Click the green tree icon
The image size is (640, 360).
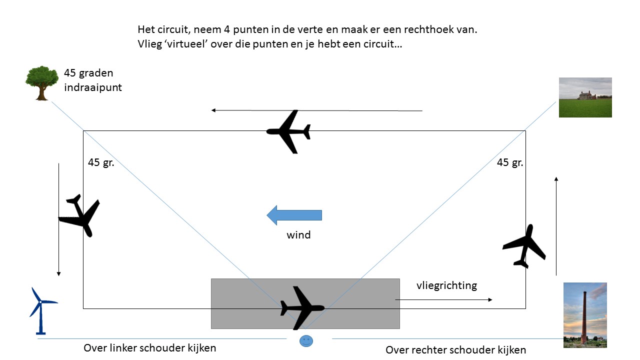[42, 82]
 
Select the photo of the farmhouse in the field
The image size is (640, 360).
[585, 97]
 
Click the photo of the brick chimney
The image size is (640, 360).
[585, 314]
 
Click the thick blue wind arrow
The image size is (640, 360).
[294, 215]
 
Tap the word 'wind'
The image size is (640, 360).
[298, 234]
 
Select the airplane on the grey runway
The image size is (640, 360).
[301, 307]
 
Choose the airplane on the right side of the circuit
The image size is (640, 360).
[524, 246]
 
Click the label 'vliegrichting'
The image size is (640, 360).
[446, 285]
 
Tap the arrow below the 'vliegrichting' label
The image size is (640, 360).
[443, 299]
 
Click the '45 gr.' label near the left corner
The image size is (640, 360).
[101, 162]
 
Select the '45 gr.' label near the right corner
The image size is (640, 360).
[510, 162]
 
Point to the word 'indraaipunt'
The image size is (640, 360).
[93, 87]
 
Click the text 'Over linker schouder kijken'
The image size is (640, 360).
[150, 348]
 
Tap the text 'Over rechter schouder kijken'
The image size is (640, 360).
[455, 350]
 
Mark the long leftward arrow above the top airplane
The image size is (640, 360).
[316, 110]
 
